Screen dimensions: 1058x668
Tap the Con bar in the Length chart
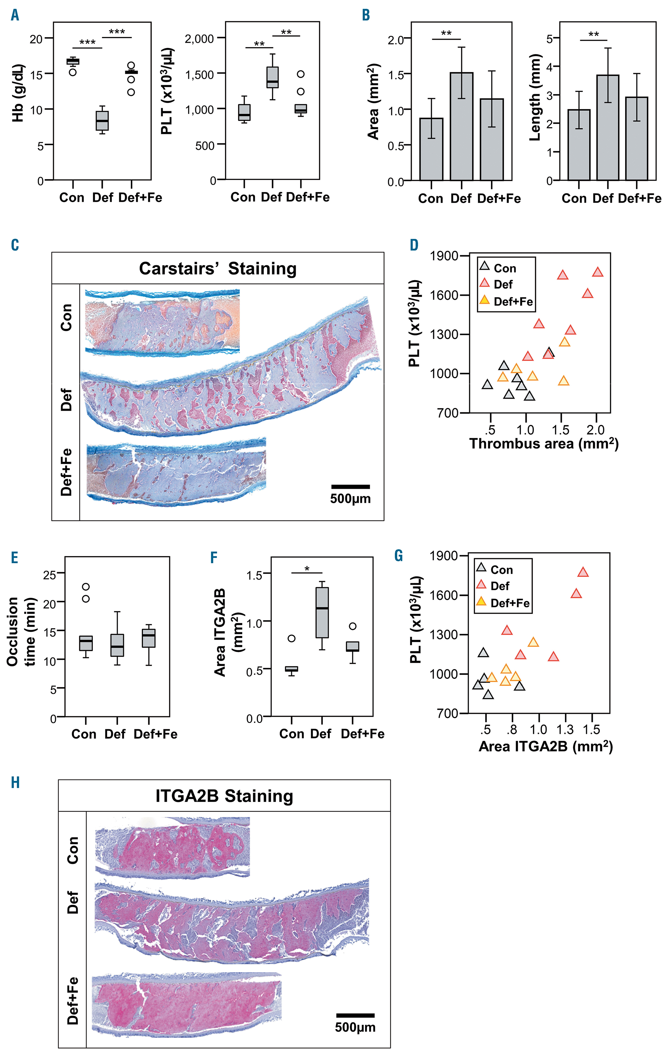click(579, 145)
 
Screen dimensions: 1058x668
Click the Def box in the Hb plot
click(102, 121)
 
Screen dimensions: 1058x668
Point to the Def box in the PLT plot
click(273, 78)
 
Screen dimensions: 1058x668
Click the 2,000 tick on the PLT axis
click(199, 39)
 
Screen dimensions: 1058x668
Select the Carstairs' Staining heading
click(217, 268)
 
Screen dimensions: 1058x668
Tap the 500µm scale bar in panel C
click(350, 487)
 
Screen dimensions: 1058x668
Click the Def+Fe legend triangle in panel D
click(484, 300)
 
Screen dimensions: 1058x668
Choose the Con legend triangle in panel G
click(481, 568)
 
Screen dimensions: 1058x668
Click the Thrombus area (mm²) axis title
click(544, 443)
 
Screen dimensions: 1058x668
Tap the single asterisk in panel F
click(307, 569)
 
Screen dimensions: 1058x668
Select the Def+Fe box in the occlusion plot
click(149, 638)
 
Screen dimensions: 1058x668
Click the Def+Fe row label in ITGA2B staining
click(73, 1001)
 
